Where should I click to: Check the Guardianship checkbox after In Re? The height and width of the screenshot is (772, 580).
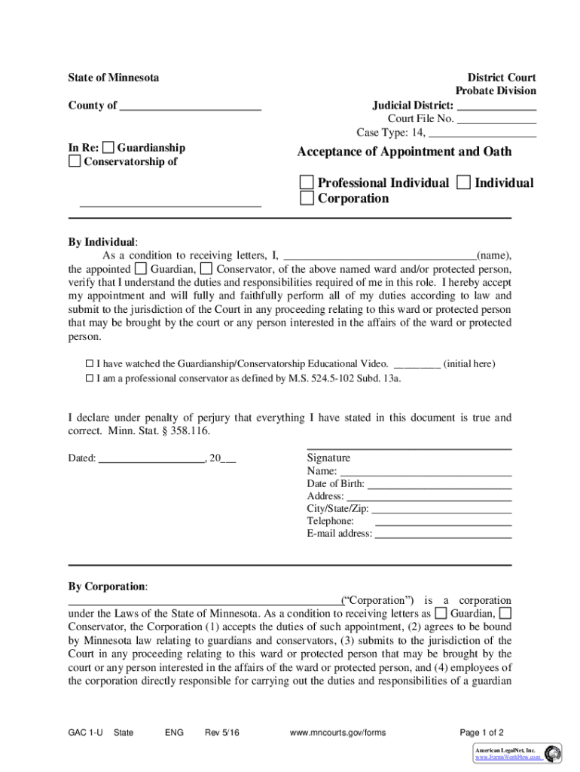(109, 147)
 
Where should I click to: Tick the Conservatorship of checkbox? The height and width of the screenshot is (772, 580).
(75, 161)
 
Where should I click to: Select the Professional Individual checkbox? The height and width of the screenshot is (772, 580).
(307, 182)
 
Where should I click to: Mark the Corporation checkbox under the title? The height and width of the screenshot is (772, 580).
(307, 198)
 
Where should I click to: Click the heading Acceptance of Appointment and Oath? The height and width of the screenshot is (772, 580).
(404, 152)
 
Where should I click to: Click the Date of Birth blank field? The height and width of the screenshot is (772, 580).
(438, 484)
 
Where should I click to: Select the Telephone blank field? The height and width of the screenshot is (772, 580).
(443, 522)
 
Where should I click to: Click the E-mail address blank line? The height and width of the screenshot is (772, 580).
(443, 534)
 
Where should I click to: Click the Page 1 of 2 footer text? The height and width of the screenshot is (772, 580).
(481, 732)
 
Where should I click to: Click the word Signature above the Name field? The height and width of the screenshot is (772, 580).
(328, 458)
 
